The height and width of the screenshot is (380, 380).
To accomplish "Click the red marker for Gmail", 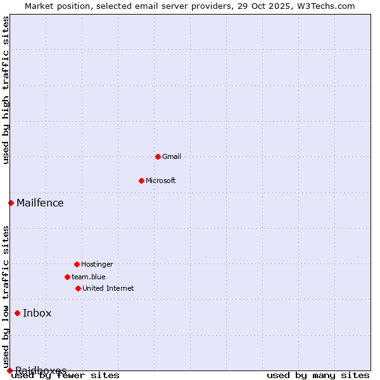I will point(158,156).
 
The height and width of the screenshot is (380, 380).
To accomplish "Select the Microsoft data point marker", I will point(141,180).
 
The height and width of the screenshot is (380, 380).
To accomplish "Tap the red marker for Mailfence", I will point(11,203).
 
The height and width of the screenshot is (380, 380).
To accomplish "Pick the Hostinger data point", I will point(77,264).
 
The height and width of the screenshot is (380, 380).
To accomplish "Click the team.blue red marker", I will point(67,277).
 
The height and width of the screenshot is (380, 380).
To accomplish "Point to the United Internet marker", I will point(78,288).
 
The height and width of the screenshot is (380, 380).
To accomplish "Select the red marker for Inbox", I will point(17,313).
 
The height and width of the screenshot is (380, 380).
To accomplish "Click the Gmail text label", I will point(172,156).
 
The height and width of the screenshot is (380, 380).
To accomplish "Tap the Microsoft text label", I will point(161,180).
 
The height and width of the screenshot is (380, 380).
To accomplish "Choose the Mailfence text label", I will point(40,203).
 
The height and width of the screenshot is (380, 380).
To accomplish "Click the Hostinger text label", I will point(97,264).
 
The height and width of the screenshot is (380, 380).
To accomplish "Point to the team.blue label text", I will point(89,277).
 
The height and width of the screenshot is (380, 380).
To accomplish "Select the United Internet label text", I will point(108,288).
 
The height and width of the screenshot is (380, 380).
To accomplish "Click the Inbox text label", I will point(37,313).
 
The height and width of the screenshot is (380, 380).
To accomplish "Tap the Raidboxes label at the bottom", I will point(41,370).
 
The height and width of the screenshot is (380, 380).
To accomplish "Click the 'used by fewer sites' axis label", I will point(65,376).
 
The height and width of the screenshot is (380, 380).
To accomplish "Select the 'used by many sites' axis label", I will point(318,376).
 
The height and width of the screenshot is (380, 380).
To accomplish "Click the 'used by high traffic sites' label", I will point(6,90).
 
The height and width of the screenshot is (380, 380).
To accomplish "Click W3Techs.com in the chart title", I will point(323,6).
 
